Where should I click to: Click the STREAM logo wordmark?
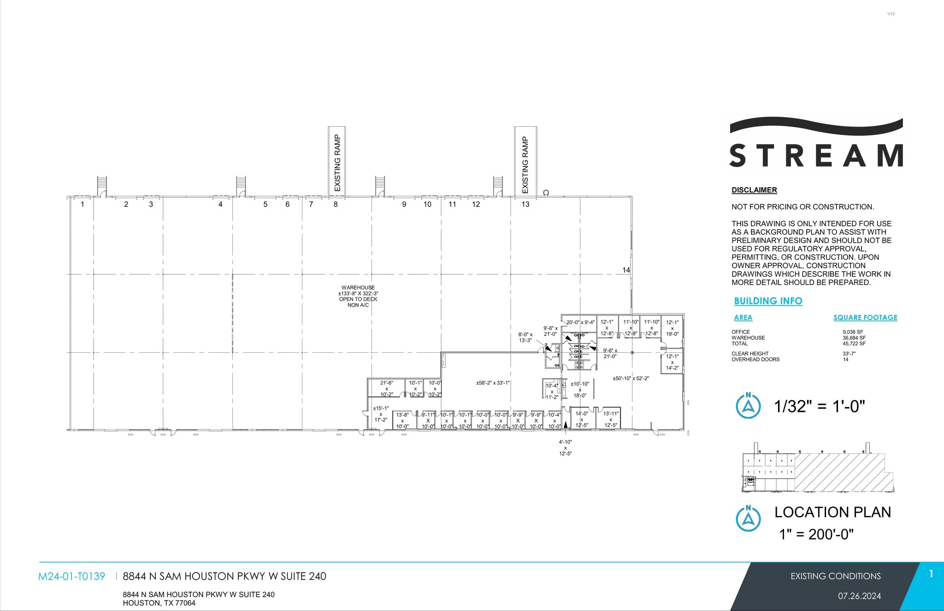816,155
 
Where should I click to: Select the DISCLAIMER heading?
754,190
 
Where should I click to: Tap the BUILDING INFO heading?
768,301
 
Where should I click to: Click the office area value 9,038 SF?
853,332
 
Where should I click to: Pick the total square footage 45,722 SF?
854,344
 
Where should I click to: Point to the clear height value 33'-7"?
849,354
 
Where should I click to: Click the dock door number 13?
525,204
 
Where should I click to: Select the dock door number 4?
220,204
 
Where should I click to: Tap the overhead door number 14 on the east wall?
626,270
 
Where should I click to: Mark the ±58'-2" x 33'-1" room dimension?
493,383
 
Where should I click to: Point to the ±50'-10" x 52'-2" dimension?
631,379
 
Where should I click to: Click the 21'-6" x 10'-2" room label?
387,389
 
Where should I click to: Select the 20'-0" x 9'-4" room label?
580,323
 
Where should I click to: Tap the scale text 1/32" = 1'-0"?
820,406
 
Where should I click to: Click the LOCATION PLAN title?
832,512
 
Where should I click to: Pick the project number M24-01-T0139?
71,576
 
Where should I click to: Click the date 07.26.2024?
859,596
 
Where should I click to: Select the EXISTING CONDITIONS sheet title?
835,576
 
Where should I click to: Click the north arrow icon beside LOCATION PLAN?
748,518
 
